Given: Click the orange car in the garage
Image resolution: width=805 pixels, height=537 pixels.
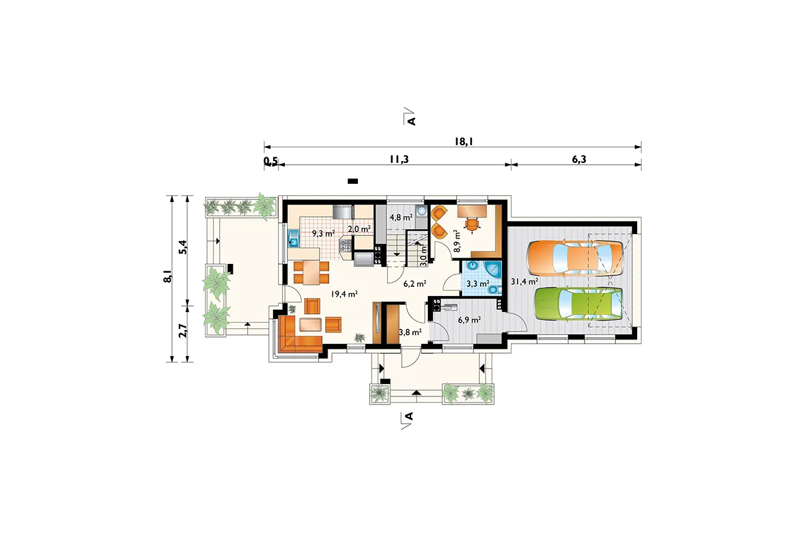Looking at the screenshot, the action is click(x=575, y=258).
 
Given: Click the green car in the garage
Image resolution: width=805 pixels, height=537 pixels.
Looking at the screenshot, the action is click(x=578, y=303).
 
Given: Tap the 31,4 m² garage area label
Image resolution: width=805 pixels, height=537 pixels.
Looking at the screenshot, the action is click(x=524, y=281).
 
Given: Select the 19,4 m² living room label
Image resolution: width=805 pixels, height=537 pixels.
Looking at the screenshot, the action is click(x=344, y=294).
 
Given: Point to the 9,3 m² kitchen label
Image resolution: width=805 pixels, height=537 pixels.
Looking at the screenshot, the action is click(x=323, y=234).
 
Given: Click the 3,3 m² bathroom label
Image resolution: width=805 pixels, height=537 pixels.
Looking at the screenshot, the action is click(x=477, y=284).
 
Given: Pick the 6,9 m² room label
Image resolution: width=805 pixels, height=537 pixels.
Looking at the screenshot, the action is click(x=469, y=320).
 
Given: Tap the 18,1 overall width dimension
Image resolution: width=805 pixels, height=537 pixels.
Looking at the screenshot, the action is click(x=464, y=142).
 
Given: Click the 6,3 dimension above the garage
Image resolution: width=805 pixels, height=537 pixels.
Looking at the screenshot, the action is click(x=579, y=159).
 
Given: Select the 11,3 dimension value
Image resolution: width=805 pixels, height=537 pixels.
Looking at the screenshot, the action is click(x=399, y=159).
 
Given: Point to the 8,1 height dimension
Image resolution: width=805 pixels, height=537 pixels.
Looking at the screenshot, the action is click(x=168, y=276).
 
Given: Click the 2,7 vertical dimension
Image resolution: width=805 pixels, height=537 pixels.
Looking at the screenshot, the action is click(x=183, y=330).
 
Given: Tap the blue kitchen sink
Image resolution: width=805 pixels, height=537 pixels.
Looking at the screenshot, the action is click(x=294, y=239).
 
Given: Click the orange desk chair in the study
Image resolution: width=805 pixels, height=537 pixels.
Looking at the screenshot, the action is click(x=472, y=225).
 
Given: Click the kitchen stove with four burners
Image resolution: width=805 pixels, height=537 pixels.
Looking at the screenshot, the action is click(x=346, y=246).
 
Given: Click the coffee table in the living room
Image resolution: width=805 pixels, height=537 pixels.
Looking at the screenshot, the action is click(x=310, y=325).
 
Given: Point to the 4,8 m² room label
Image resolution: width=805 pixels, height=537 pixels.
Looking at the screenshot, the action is click(x=401, y=217).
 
